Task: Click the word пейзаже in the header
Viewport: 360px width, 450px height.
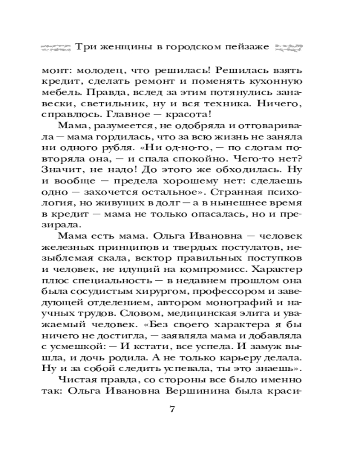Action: pyautogui.click(x=247, y=47)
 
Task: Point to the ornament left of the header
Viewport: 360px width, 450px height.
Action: pyautogui.click(x=56, y=47)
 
